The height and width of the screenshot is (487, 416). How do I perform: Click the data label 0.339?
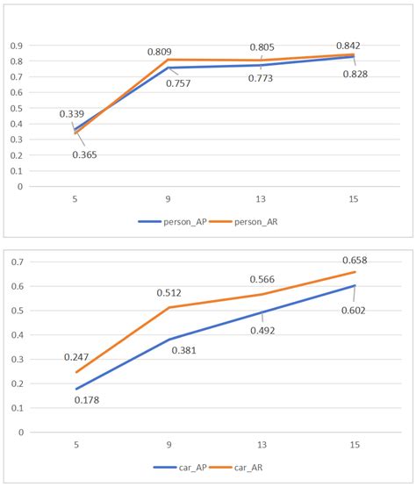coord(72,114)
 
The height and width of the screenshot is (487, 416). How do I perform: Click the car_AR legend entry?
coord(248,468)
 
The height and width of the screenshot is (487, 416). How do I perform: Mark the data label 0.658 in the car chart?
coord(354,261)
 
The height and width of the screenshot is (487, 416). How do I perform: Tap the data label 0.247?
coord(78,358)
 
